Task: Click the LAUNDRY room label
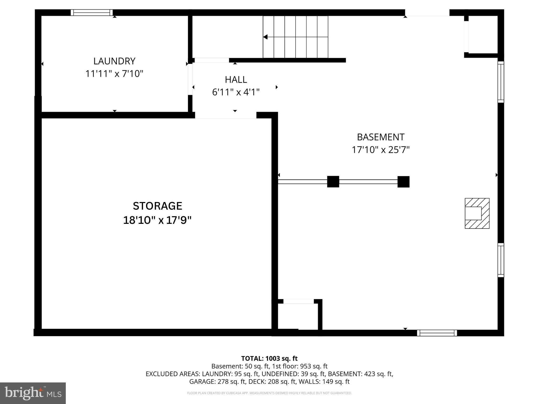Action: coord(114,61)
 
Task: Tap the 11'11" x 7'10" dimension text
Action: coord(114,74)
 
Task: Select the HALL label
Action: coord(236,79)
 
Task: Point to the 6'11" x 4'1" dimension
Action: coord(236,92)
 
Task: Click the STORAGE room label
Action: coord(157,206)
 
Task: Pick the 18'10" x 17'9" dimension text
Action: coord(157,220)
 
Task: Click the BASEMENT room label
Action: coord(381,137)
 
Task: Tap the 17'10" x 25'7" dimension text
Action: coord(381,150)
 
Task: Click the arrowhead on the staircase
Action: coord(266,37)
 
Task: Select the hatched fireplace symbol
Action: coord(477,213)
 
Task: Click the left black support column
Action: coord(333,181)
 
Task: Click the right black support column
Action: coord(403,181)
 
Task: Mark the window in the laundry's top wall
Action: coord(92,13)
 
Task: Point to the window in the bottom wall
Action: coord(437,333)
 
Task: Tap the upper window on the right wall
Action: coord(501,82)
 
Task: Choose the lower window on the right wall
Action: coord(501,260)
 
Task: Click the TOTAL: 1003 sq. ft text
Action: coord(269,358)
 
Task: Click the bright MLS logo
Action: coord(33,393)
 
